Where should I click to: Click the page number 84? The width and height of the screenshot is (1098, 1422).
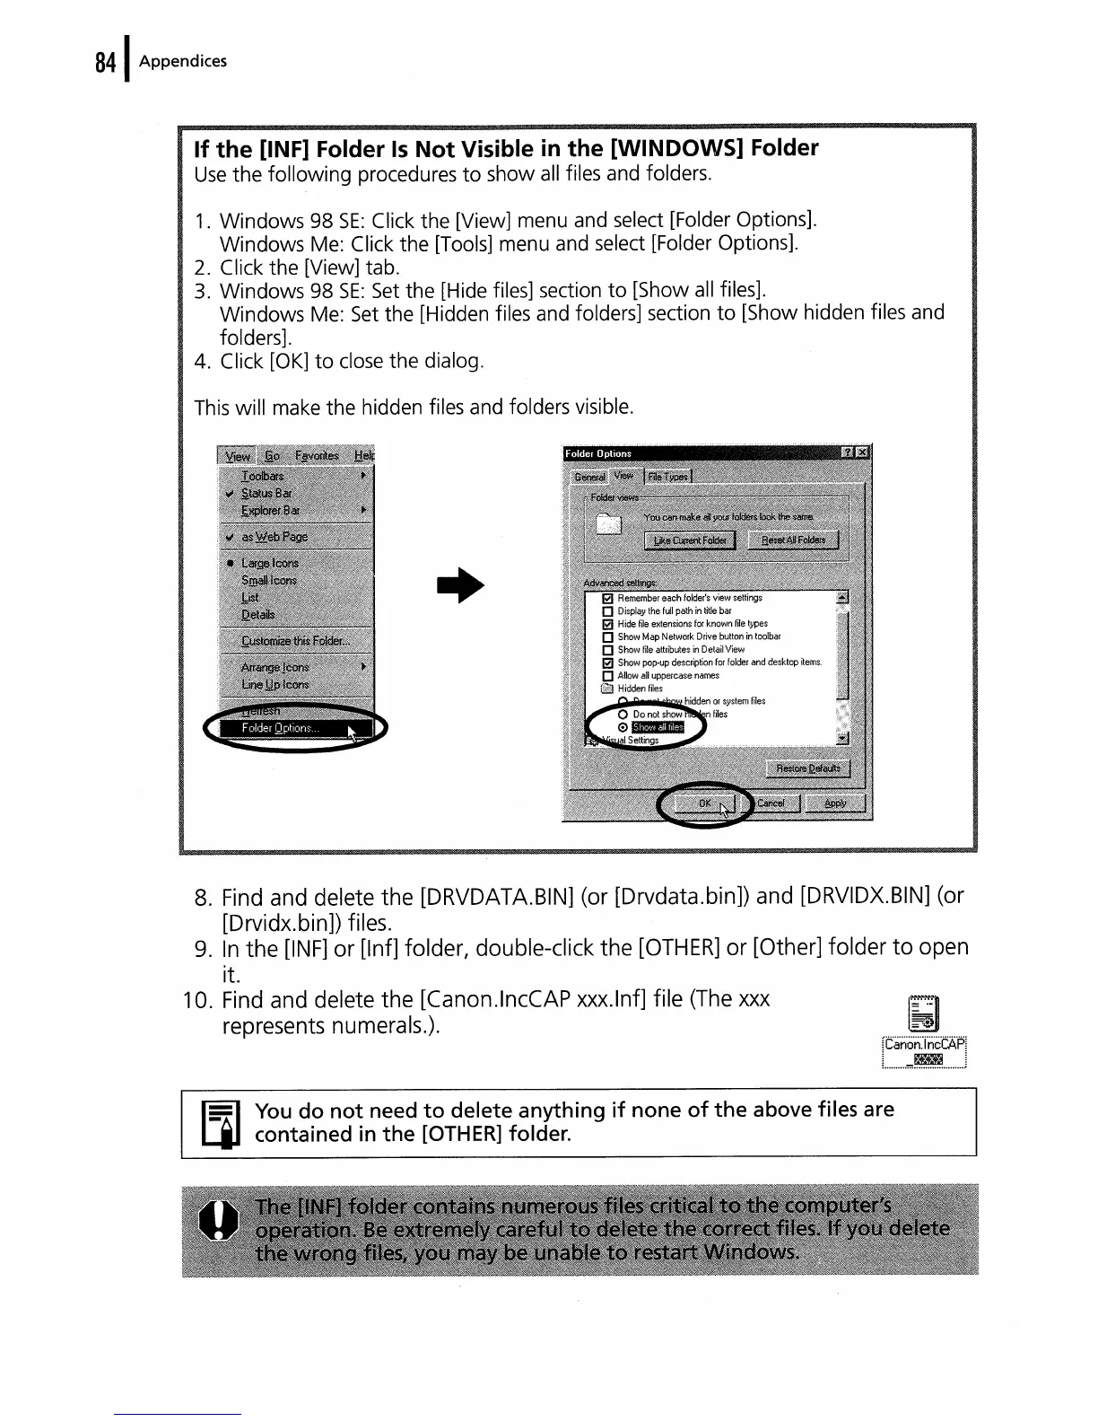pyautogui.click(x=105, y=63)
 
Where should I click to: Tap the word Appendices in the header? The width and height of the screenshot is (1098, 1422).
pyautogui.click(x=183, y=61)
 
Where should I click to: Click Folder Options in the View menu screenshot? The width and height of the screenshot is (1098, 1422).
pyautogui.click(x=279, y=728)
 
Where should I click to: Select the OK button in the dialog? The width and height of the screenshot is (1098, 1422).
pyautogui.click(x=706, y=803)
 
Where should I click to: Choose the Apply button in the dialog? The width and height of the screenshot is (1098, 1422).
pyautogui.click(x=835, y=803)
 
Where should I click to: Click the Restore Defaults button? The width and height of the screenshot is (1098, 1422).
pyautogui.click(x=808, y=768)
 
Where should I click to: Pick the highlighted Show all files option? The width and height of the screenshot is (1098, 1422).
pyautogui.click(x=658, y=727)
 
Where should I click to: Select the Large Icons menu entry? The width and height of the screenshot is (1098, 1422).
pyautogui.click(x=269, y=563)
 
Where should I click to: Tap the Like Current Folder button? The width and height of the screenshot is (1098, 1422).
pyautogui.click(x=690, y=540)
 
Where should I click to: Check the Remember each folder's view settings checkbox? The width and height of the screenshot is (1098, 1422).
pyautogui.click(x=606, y=598)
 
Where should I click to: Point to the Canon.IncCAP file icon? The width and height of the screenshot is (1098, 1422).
pyautogui.click(x=924, y=1014)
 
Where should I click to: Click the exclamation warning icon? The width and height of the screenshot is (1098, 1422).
pyautogui.click(x=218, y=1226)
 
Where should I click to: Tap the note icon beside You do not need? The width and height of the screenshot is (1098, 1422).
pyautogui.click(x=219, y=1123)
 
